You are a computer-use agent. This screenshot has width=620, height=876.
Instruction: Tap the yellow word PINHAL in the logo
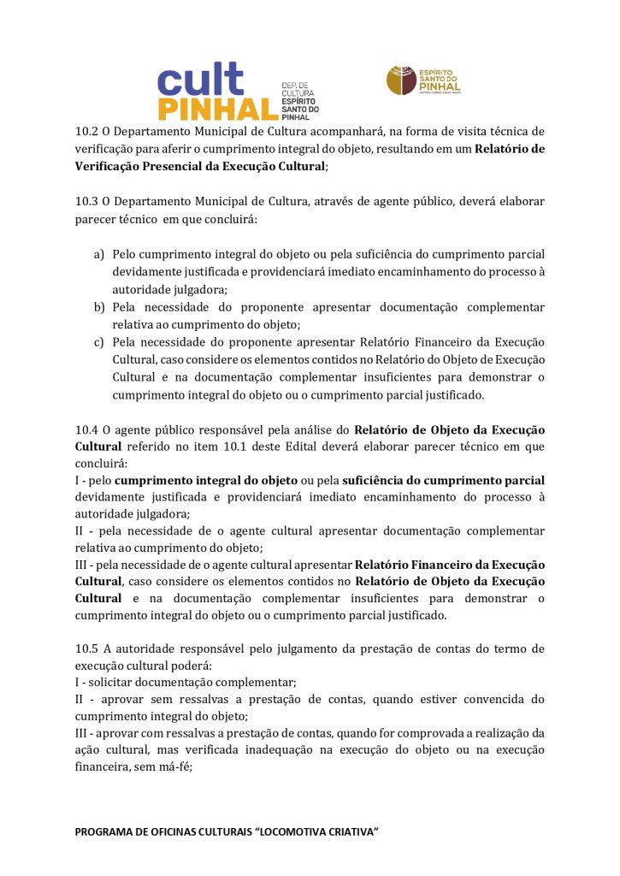218,109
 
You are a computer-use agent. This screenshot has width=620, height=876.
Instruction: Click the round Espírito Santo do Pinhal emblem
400,80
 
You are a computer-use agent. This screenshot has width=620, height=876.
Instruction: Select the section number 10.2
86,132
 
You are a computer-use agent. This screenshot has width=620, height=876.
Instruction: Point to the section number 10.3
86,203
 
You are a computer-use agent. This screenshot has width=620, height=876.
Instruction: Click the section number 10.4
86,429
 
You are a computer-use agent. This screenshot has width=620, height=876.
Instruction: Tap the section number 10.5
86,649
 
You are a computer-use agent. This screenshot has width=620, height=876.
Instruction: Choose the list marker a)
99,255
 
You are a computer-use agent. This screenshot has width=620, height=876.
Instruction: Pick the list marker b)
99,307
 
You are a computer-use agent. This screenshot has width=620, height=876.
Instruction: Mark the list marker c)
99,342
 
